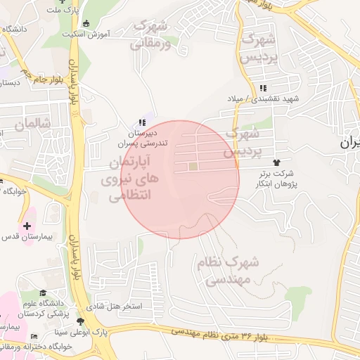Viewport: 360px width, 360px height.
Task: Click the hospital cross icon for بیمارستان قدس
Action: tap(27, 226)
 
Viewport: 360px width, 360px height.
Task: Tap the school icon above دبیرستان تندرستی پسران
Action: tap(143, 122)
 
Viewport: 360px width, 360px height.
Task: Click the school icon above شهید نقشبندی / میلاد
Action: tap(263, 88)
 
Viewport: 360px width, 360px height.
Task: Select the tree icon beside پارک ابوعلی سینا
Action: tap(79, 322)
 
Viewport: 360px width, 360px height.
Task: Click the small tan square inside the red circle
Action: tap(193, 167)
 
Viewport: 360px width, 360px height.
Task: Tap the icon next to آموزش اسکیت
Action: tap(86, 23)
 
